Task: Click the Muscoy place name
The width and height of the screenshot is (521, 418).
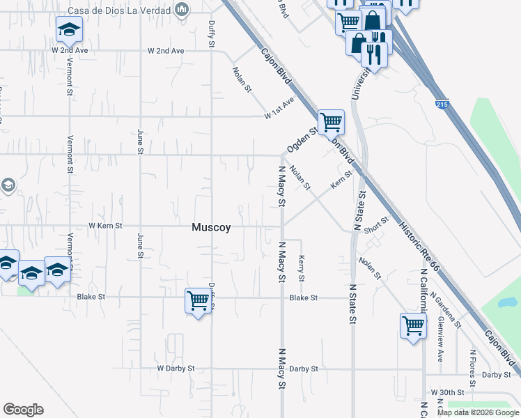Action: click(x=211, y=227)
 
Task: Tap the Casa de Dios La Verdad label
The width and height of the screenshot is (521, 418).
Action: click(x=120, y=10)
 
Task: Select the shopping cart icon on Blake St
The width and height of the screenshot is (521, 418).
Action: click(x=199, y=301)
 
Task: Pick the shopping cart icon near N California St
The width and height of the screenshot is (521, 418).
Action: click(x=413, y=325)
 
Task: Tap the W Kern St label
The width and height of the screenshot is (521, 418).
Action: click(x=105, y=226)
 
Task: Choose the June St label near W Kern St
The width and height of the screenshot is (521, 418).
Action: click(x=140, y=245)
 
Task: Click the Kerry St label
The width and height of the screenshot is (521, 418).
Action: click(x=302, y=268)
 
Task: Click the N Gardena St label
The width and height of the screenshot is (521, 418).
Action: click(x=446, y=310)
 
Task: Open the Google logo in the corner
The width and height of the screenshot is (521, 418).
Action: click(x=23, y=410)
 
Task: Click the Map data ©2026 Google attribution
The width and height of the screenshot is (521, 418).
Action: click(x=478, y=412)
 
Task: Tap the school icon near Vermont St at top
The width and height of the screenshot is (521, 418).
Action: click(x=69, y=30)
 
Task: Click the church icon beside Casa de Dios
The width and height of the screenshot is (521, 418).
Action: click(x=182, y=10)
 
